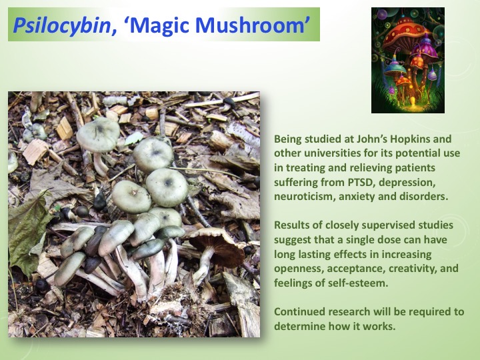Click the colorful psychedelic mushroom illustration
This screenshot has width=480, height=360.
tap(407, 60)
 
